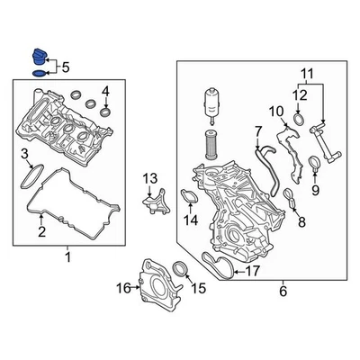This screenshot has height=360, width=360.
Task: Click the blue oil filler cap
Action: (38, 57)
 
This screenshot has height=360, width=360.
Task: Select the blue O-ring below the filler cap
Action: (38, 73)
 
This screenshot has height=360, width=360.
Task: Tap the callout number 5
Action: (66, 67)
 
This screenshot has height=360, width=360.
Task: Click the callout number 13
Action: (149, 178)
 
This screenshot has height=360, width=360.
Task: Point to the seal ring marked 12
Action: (298, 119)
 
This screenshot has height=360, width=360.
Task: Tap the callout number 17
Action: (252, 271)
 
